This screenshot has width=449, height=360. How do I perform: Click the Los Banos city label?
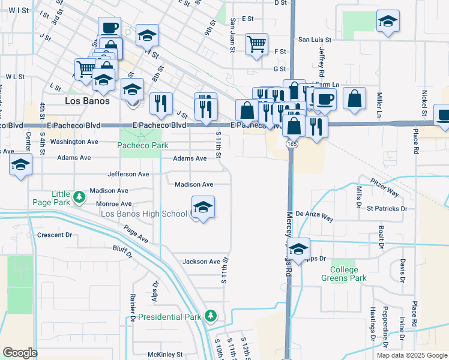pyautogui.click(x=87, y=101)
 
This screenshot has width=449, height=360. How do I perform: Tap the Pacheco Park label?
pyautogui.click(x=142, y=145)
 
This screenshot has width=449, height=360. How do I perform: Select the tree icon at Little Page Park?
pyautogui.click(x=78, y=197)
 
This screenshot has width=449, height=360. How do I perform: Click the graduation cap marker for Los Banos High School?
pyautogui.click(x=203, y=207)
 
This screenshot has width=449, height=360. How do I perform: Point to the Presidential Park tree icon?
pyautogui.click(x=209, y=316)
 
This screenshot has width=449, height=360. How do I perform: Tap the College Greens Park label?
pyautogui.click(x=343, y=274)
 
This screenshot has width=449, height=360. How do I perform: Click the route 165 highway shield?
pyautogui.click(x=291, y=144)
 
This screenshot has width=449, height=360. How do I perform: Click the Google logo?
pyautogui.click(x=20, y=352)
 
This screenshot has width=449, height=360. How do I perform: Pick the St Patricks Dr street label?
pyautogui.click(x=387, y=209)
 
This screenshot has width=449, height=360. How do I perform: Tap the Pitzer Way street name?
pyautogui.click(x=384, y=187)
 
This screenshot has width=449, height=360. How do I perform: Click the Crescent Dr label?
pyautogui.click(x=54, y=235)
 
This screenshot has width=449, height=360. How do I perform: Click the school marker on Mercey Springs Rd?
pyautogui.click(x=298, y=248)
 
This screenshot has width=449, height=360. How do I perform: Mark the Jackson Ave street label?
pyautogui.click(x=202, y=262)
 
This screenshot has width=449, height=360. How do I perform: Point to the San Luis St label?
pyautogui.click(x=315, y=39)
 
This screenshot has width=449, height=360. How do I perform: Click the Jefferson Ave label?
pyautogui.click(x=128, y=174)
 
